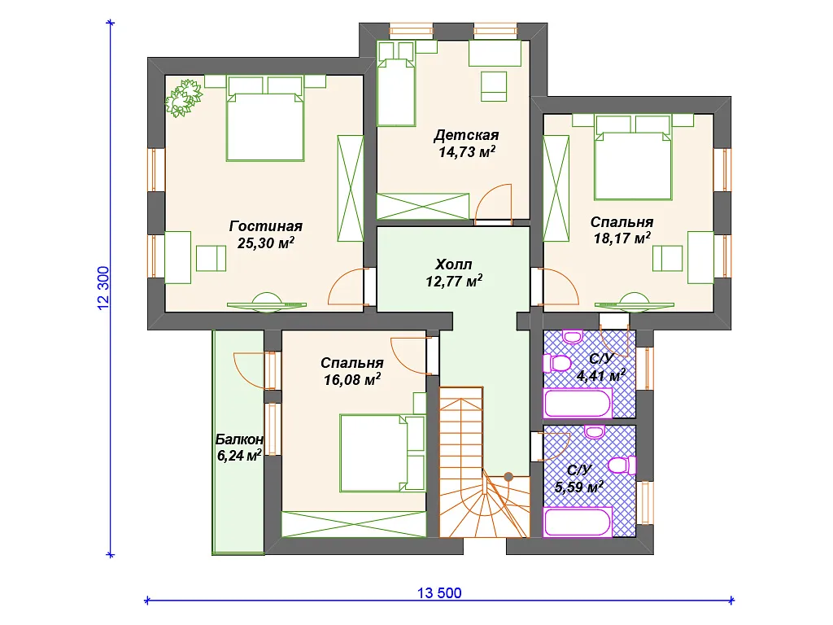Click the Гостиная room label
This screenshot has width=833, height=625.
[266, 226]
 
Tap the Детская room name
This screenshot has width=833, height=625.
[466, 135]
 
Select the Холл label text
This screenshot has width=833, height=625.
[453, 264]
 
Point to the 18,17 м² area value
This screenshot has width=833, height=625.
[622, 238]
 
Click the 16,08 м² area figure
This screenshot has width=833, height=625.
[352, 379]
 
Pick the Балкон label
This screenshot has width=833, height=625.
[239, 439]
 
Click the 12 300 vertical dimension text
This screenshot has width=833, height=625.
[103, 288]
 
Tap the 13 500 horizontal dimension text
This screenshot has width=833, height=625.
[439, 593]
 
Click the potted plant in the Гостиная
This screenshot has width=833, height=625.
[184, 98]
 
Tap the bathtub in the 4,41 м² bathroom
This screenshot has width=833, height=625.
[577, 404]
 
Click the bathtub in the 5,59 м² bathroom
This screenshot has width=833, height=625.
[577, 522]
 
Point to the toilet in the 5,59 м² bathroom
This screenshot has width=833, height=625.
[622, 465]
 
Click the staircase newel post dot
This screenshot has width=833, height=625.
[508, 477]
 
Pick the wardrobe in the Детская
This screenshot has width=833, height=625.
[423, 206]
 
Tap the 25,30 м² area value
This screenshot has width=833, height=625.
[266, 243]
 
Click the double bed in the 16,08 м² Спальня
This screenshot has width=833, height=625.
[382, 453]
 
